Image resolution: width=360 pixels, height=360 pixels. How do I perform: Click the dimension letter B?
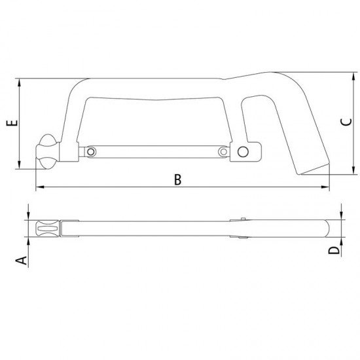click(178, 180)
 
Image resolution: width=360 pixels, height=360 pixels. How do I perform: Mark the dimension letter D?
click(334, 251)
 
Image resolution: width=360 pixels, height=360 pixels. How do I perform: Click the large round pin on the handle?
click(243, 153)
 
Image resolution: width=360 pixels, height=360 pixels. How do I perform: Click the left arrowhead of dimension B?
click(38, 189)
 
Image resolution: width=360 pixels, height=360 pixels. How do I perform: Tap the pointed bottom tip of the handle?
click(303, 175)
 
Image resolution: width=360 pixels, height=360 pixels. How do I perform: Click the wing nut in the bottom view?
click(47, 229)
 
